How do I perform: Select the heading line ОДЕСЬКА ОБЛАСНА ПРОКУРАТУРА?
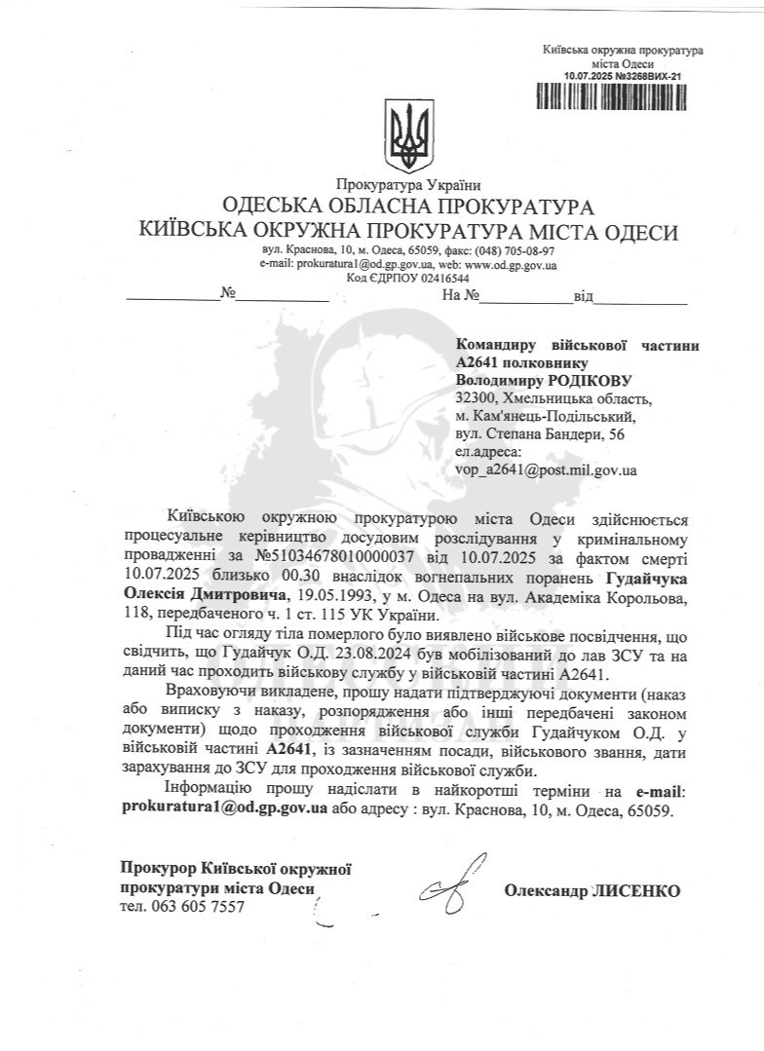tap(407, 206)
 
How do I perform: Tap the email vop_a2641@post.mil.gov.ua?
tap(546, 469)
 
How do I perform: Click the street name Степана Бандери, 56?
tap(552, 433)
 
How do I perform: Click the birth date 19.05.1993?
tap(331, 593)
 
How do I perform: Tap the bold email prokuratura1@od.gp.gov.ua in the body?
tap(223, 807)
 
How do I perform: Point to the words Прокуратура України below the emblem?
tap(407, 184)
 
